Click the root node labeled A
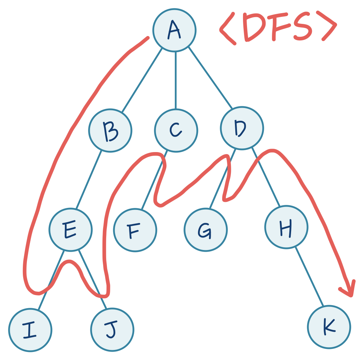tap(174, 30)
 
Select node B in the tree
tap(110, 131)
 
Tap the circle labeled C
tap(176, 131)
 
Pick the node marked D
tap(242, 128)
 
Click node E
tap(71, 230)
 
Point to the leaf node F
tap(135, 230)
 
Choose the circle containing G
tap(206, 230)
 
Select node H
tap(286, 227)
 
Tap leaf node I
tap(30, 330)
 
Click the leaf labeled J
tap(112, 330)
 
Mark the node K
tap(329, 327)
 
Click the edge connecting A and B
tap(142, 80)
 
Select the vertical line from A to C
tap(175, 81)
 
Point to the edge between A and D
tap(210, 78)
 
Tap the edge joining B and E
tap(89, 180)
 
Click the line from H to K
tap(309, 277)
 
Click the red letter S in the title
tap(303, 27)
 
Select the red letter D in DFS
tap(253, 27)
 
